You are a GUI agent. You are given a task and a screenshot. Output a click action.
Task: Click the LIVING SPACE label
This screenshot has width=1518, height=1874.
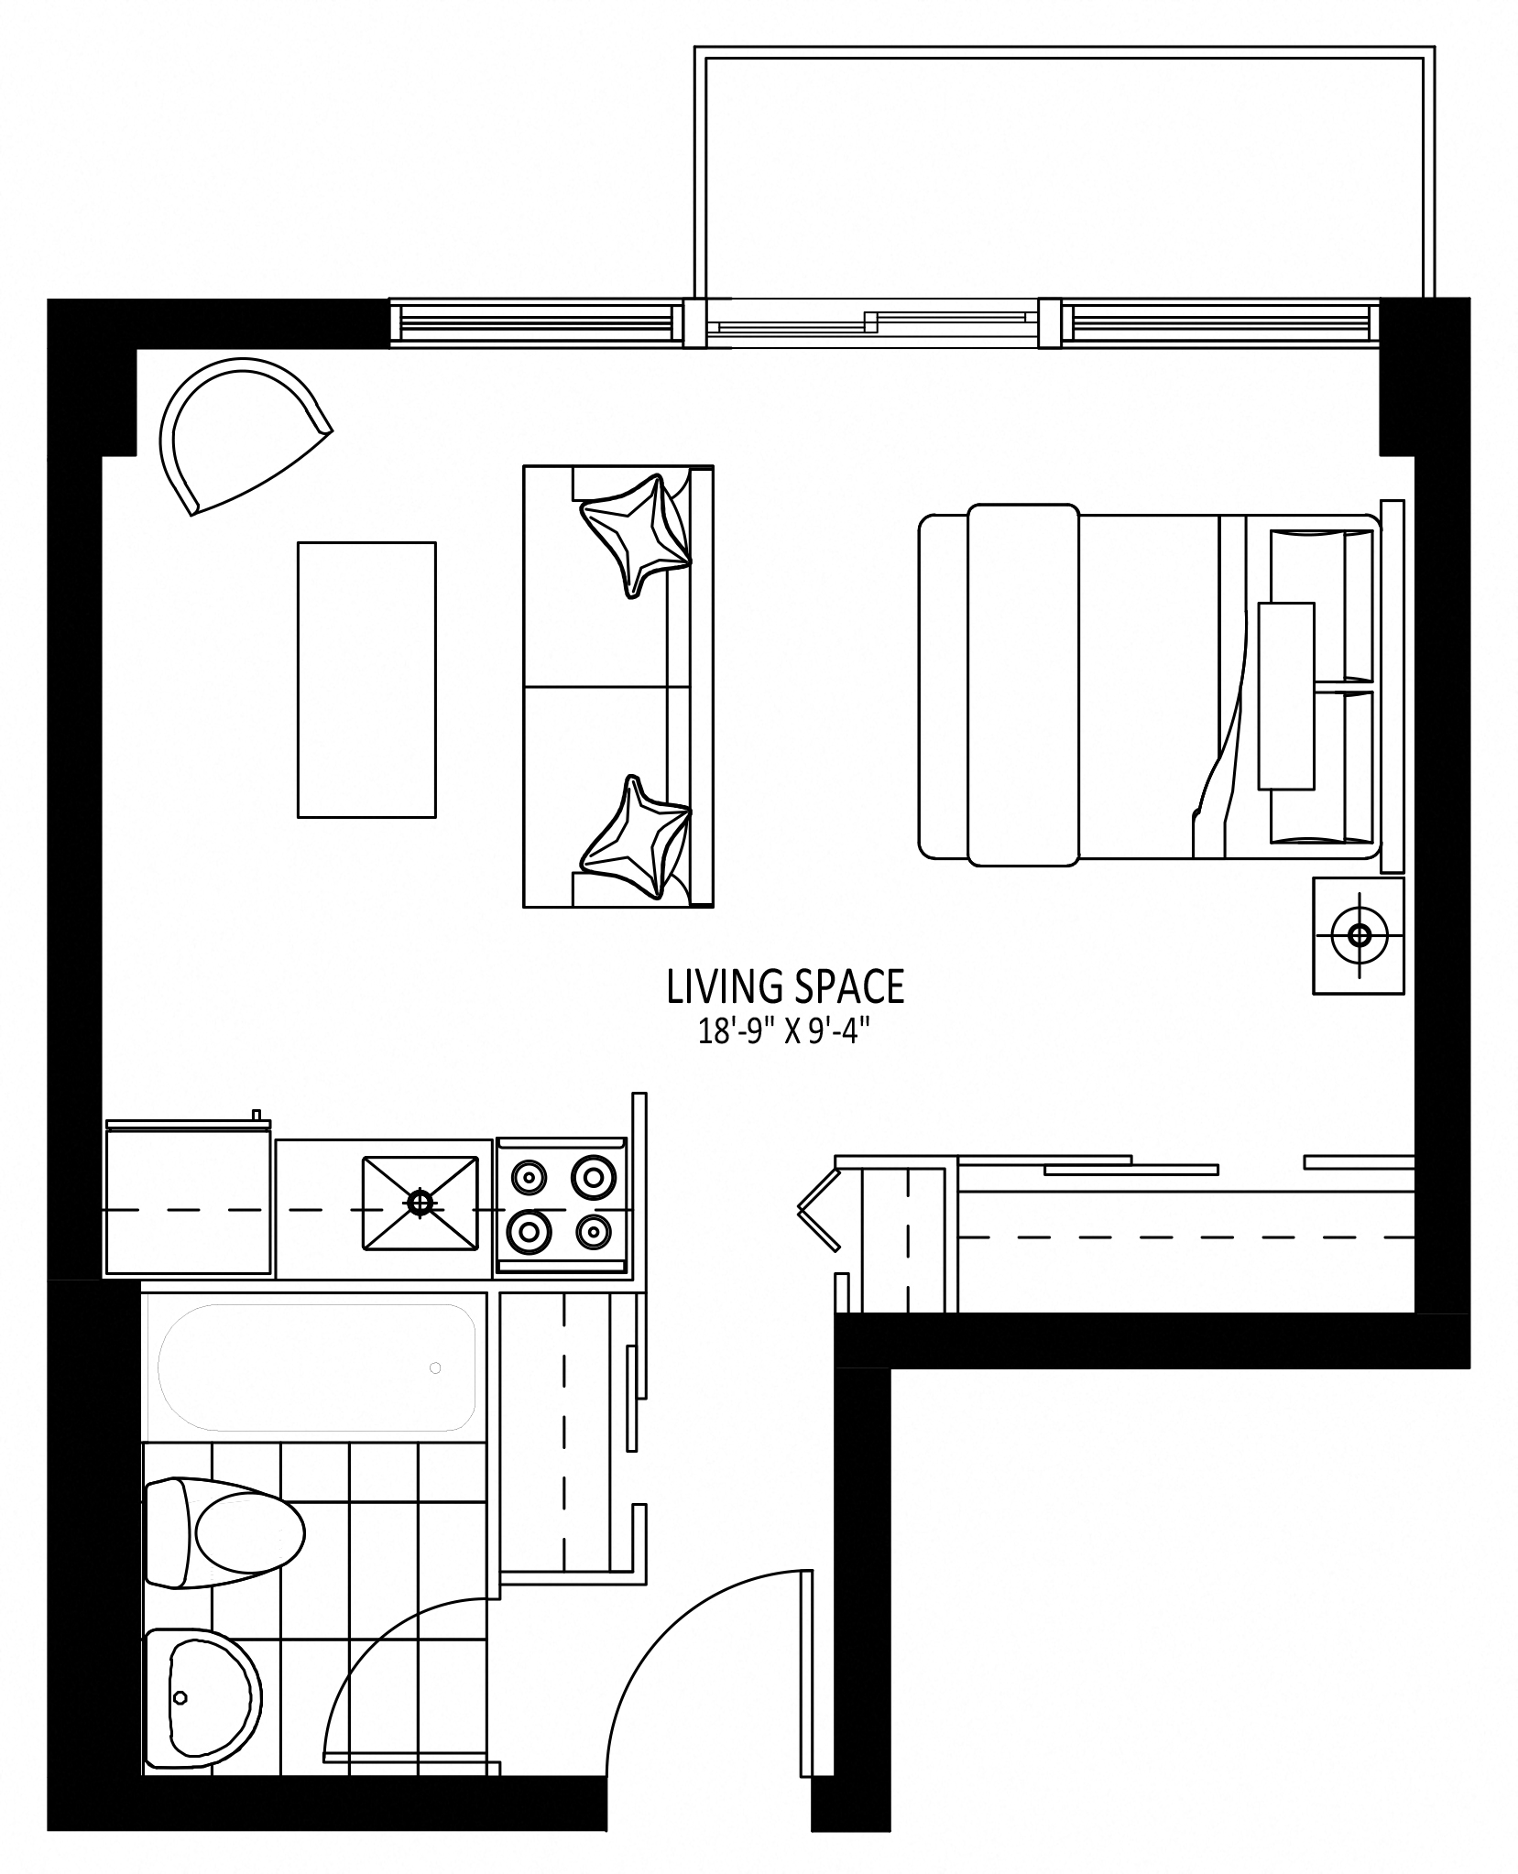click(x=785, y=986)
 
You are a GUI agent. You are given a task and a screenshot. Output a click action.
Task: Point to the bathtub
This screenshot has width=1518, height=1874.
click(x=317, y=1367)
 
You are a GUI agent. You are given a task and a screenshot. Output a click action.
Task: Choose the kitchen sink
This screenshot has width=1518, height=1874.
click(x=420, y=1203)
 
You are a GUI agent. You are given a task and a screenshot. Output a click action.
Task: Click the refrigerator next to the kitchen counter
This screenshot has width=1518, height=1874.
click(x=188, y=1199)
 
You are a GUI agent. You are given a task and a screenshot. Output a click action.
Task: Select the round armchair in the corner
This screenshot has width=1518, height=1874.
click(x=240, y=432)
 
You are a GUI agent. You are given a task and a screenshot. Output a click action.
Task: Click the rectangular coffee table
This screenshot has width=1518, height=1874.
click(x=366, y=679)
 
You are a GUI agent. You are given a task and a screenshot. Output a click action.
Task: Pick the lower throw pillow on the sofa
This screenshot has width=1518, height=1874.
click(x=637, y=835)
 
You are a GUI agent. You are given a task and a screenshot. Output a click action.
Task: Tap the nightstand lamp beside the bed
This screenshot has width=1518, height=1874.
click(x=1359, y=935)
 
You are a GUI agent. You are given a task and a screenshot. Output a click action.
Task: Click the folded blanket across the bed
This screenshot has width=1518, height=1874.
click(x=1023, y=685)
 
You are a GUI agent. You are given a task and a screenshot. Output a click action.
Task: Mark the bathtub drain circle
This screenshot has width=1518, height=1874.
click(x=435, y=1368)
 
